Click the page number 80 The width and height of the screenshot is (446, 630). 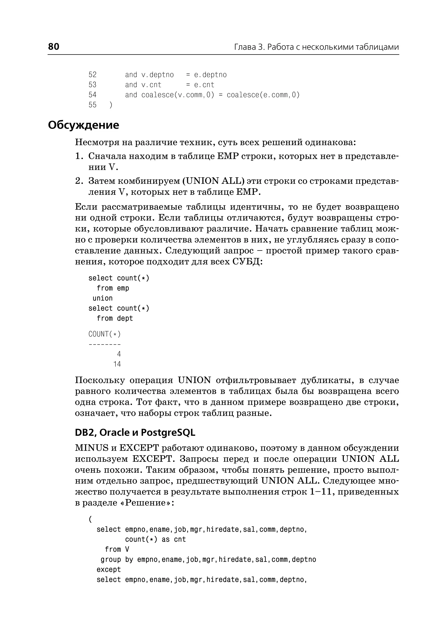pyautogui.click(x=54, y=46)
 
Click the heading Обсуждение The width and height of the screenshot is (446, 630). pyautogui.click(x=83, y=125)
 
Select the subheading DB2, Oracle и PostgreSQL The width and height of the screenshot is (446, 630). pyautogui.click(x=135, y=432)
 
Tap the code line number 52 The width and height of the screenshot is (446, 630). pyautogui.click(x=93, y=75)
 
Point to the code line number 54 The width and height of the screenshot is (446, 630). pyautogui.click(x=93, y=95)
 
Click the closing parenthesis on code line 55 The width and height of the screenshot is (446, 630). pyautogui.click(x=111, y=105)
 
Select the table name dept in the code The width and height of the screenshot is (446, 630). pyautogui.click(x=125, y=318)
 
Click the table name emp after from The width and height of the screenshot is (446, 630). pyautogui.click(x=123, y=288)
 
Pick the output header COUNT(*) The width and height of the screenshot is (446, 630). pyautogui.click(x=104, y=334)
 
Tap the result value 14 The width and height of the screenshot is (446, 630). pyautogui.click(x=117, y=364)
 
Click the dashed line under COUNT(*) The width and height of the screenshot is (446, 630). pyautogui.click(x=104, y=344)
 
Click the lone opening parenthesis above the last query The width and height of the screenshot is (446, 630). pyautogui.click(x=90, y=519)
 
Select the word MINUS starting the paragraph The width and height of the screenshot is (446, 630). pyautogui.click(x=92, y=448)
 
